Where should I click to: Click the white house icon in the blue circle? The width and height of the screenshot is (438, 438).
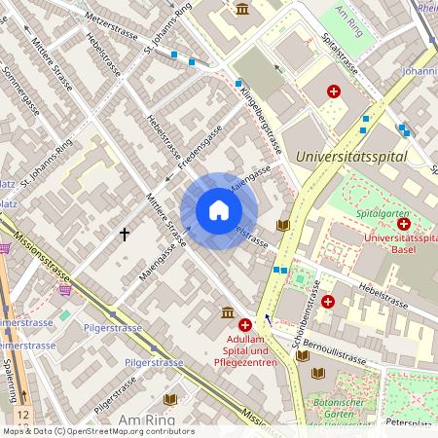coord(219,210)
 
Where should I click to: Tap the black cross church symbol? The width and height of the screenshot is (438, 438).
coord(125,234)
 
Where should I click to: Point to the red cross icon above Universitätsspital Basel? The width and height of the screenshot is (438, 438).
coord(403,223)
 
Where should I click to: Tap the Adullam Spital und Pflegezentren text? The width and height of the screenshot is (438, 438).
coord(244,350)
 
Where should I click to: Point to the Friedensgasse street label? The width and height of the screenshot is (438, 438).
coord(195,152)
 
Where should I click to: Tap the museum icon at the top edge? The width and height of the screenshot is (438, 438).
coord(241,9)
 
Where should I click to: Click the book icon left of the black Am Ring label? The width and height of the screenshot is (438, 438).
coord(170,399)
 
